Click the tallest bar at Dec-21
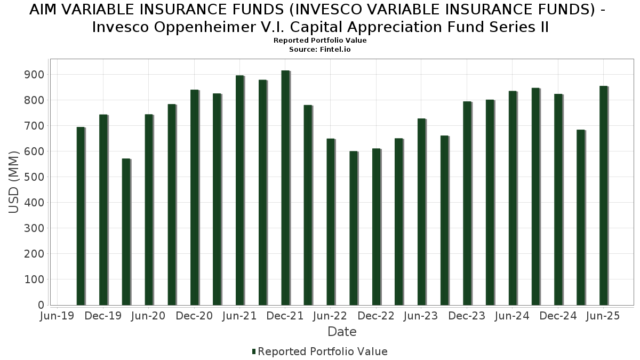point(285,188)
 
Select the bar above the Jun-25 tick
point(603,195)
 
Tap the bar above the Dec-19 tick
point(103,210)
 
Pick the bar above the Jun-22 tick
point(331,222)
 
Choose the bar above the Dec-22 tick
point(377,227)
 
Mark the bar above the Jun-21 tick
point(240,190)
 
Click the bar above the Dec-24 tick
point(558,199)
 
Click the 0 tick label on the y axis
point(41,305)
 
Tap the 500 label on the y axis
point(34,177)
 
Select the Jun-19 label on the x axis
point(57,316)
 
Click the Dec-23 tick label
point(467,316)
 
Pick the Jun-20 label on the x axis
point(148,316)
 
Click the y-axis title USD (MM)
point(13,182)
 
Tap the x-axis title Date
point(342,332)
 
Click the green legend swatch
point(254,351)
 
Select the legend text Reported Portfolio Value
point(323,351)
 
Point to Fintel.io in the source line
point(335,50)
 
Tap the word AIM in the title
point(42,10)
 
